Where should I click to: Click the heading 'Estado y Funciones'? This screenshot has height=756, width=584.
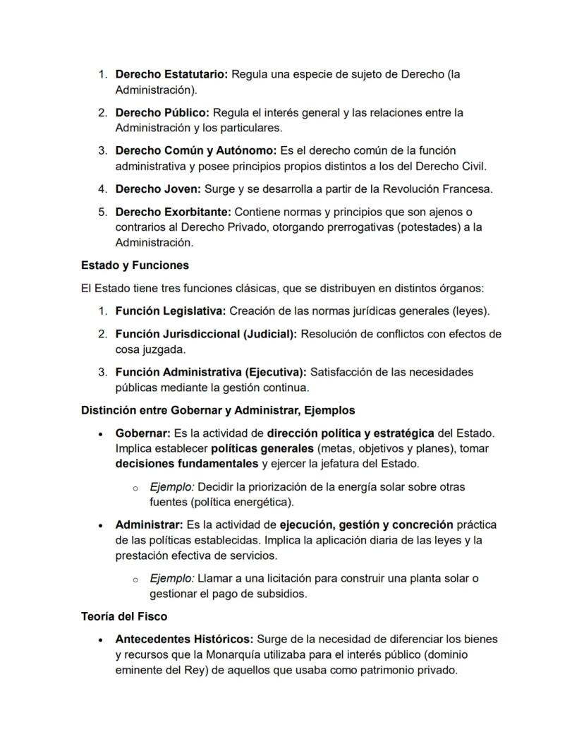[135, 265]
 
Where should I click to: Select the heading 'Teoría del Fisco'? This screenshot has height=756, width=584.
[124, 616]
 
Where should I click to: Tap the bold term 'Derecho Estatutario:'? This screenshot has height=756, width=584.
[171, 74]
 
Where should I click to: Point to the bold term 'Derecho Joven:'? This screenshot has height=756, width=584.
[158, 189]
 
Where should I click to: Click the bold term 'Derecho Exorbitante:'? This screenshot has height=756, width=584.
[173, 212]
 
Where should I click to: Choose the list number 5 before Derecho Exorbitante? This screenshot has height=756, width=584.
[102, 212]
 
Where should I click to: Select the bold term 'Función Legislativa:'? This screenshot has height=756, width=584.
[171, 311]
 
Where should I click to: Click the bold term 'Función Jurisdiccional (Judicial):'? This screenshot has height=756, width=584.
[206, 334]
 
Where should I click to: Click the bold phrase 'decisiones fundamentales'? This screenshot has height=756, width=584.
[187, 464]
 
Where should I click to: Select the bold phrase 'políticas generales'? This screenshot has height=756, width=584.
[262, 448]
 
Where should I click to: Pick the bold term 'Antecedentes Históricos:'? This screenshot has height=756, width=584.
[184, 639]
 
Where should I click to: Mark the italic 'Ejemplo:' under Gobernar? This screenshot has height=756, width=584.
[171, 487]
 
